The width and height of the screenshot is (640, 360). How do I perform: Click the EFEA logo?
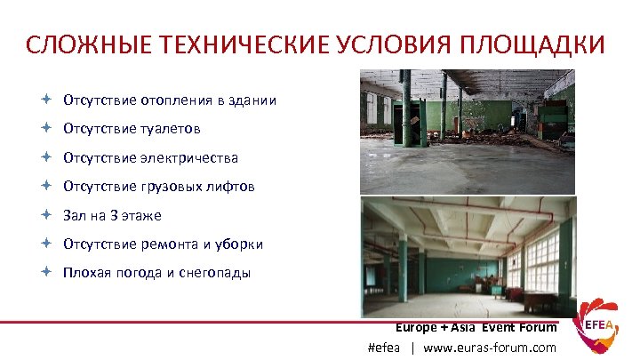pyautogui.click(x=596, y=329)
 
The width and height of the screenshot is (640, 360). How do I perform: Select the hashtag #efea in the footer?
pyautogui.click(x=384, y=348)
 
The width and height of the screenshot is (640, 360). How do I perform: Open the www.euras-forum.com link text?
pyautogui.click(x=490, y=348)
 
